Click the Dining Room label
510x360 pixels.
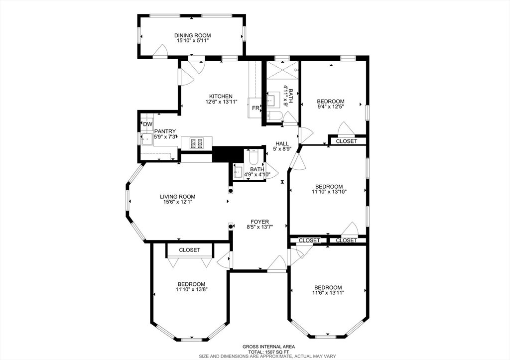193,35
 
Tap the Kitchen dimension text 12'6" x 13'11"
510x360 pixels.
221,102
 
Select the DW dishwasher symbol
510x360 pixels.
147,124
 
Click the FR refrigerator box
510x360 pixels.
255,108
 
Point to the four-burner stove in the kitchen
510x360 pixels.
197,143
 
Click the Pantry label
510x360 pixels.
165,131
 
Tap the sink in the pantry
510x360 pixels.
146,139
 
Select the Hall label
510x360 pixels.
282,143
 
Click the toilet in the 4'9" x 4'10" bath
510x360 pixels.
253,158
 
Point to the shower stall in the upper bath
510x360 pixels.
282,70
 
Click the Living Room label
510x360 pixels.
178,196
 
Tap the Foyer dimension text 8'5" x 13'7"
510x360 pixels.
259,227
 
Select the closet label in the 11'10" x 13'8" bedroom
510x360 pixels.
190,250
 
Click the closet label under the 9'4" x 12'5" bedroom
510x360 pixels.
347,141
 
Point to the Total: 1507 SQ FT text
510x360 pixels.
264,352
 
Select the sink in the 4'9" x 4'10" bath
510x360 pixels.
238,171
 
